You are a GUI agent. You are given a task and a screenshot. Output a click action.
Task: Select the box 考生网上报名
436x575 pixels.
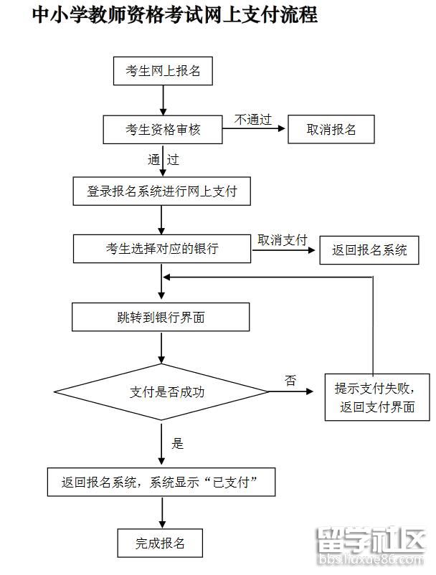coord(163,71)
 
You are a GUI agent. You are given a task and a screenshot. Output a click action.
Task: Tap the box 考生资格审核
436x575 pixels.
coord(163,130)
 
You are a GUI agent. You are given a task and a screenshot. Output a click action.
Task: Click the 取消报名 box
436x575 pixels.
coord(331,130)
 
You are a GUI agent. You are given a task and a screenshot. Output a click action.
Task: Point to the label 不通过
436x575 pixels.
coord(252,119)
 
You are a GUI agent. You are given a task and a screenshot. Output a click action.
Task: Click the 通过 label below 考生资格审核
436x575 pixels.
coord(163,160)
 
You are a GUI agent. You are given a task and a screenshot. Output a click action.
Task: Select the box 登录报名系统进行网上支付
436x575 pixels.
coord(162,191)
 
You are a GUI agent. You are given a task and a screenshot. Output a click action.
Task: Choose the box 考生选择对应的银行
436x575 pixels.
coord(162,249)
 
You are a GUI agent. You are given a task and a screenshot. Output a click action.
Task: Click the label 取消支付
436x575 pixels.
coord(282,239)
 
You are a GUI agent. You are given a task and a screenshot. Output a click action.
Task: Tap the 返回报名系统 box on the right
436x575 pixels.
coord(369,250)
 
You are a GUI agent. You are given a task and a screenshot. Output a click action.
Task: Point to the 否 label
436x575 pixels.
coord(290,381)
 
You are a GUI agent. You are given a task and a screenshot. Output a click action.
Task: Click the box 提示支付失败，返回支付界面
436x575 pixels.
coord(376,398)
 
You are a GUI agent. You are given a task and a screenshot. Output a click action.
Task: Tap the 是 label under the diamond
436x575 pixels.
coord(177,443)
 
